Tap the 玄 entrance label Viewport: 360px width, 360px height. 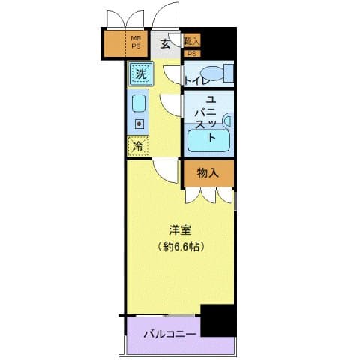(x=163, y=43)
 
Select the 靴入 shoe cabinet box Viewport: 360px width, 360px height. (x=191, y=40)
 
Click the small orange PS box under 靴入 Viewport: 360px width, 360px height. (x=191, y=53)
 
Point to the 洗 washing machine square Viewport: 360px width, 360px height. (x=139, y=73)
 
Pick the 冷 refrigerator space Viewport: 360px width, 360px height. (x=138, y=146)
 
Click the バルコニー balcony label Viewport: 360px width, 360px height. (x=171, y=333)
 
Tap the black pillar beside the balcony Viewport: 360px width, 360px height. (x=219, y=320)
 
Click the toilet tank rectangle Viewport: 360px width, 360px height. (x=228, y=73)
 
